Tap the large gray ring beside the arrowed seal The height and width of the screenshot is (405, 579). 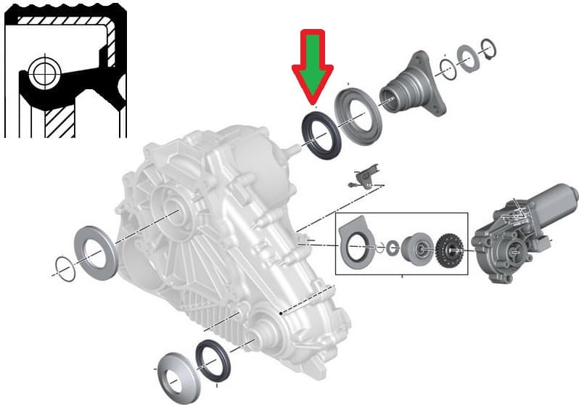[358, 116]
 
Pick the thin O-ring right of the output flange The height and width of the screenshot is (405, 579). [448, 70]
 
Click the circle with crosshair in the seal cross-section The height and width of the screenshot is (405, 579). [43, 73]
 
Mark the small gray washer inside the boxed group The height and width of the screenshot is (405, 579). [393, 247]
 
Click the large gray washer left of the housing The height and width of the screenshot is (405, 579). [93, 247]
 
